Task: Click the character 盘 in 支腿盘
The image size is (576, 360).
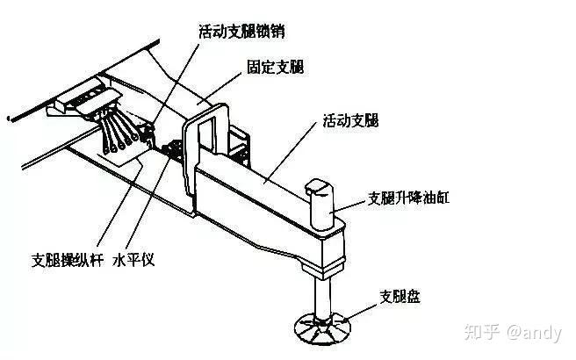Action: click(414, 296)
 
